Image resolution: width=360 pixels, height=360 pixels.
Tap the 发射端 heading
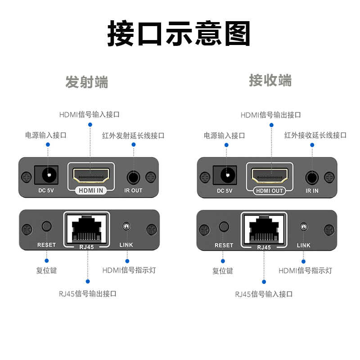pos(87,82)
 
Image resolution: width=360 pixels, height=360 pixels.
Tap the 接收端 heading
pos(270,81)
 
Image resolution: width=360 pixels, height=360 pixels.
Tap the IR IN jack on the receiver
pos(312,177)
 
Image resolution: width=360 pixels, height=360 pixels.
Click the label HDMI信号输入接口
pos(90,114)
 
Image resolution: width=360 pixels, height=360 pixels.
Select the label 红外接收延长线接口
pos(315,135)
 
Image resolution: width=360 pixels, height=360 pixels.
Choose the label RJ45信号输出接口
pos(88,294)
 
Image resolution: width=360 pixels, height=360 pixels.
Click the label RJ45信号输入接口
pos(264,294)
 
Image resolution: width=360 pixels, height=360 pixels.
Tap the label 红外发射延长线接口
pos(133,135)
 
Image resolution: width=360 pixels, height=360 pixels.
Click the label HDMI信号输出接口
pos(271,115)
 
